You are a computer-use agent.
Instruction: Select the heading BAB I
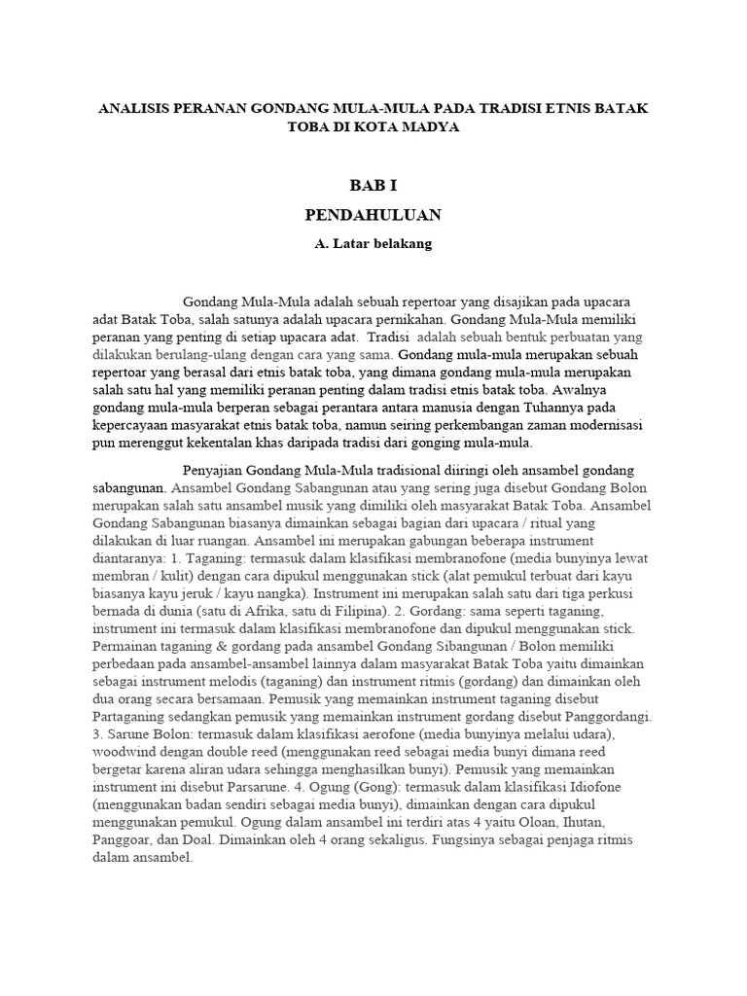(x=373, y=186)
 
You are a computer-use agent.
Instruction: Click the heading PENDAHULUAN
(x=373, y=214)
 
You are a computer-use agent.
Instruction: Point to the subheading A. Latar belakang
(x=373, y=244)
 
